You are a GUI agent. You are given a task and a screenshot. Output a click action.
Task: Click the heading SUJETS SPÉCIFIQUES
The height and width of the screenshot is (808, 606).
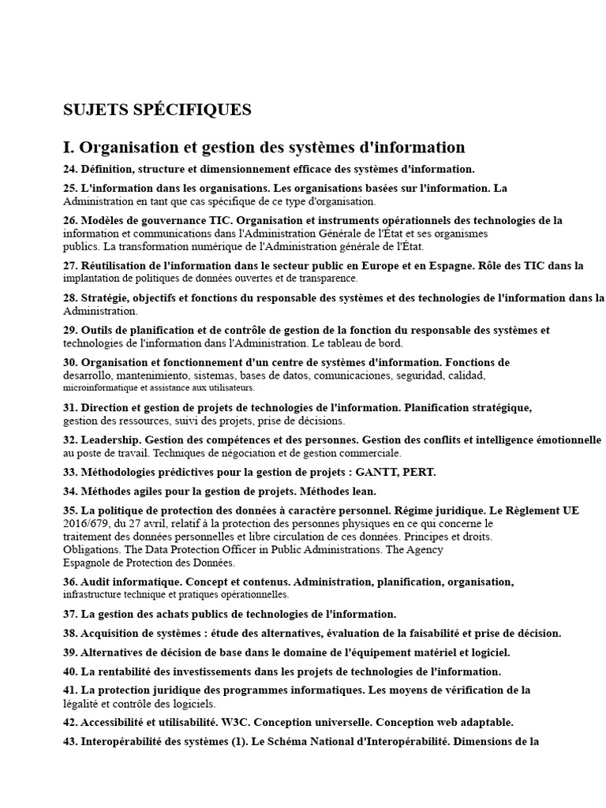tap(157, 110)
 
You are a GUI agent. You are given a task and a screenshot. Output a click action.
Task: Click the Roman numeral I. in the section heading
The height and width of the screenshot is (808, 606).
tap(69, 148)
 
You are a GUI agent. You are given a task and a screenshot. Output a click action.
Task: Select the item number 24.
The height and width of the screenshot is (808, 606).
tap(70, 169)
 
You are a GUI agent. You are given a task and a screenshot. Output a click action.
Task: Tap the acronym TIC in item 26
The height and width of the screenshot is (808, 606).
tap(220, 220)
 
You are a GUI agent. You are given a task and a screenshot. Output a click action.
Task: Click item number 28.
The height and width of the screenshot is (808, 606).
tap(70, 298)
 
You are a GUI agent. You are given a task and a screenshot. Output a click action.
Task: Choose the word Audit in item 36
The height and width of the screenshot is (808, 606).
tap(98, 582)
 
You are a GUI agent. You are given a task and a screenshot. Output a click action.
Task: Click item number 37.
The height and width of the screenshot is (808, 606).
tap(70, 613)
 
